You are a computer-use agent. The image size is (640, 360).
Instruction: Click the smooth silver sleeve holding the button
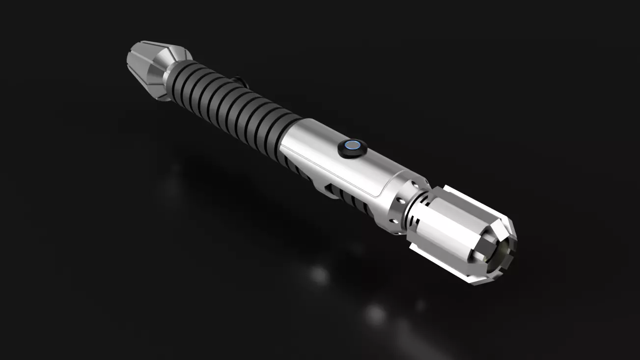click(324, 152)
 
